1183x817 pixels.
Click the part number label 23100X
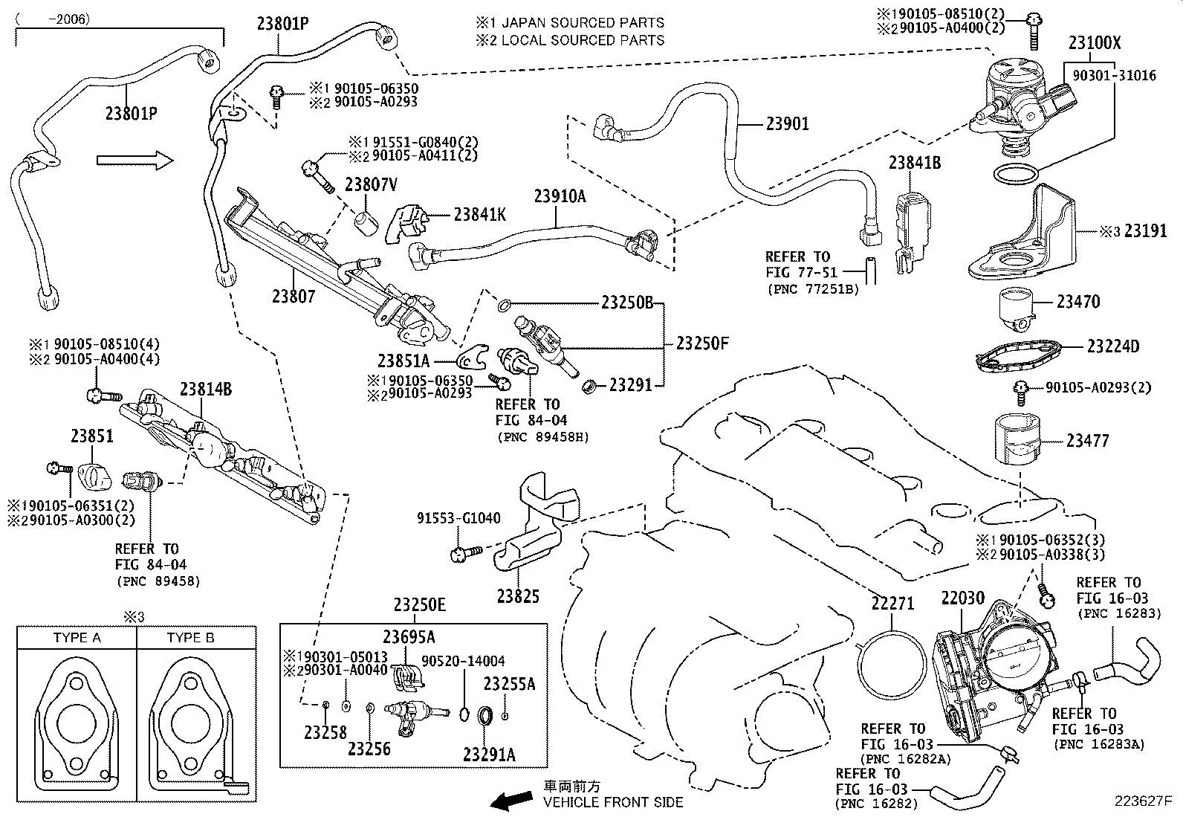tap(1094, 43)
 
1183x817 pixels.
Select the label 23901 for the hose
tap(787, 123)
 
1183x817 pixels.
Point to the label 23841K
tap(479, 215)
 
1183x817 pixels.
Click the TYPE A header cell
tap(77, 637)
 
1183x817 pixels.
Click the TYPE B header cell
tap(190, 637)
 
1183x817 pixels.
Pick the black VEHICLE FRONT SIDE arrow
tap(513, 799)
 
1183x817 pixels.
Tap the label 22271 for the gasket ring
tap(892, 604)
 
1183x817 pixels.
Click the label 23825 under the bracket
tap(518, 595)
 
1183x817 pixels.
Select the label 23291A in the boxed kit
tap(488, 755)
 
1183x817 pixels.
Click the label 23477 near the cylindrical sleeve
tap(1087, 441)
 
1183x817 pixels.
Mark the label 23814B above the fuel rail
tap(205, 389)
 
